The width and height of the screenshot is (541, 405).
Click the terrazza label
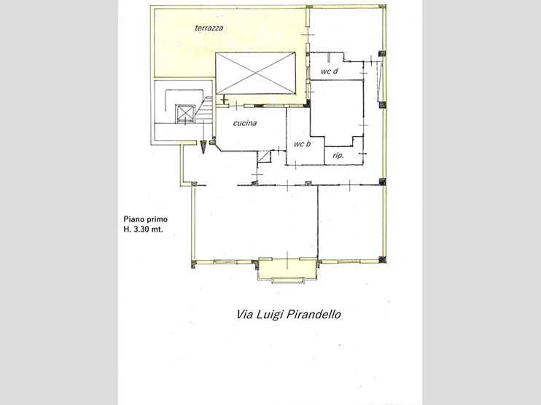[209, 28]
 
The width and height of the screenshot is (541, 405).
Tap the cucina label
[245, 123]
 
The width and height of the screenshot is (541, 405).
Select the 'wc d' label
[329, 71]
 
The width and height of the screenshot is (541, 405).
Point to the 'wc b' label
[302, 143]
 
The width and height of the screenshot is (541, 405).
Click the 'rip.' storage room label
[338, 155]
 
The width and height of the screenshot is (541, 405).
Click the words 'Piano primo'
[146, 219]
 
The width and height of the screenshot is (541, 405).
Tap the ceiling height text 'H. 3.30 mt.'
[143, 229]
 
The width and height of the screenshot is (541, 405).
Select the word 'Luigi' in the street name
[270, 315]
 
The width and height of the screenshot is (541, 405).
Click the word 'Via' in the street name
[244, 315]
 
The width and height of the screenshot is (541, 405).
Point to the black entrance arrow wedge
[204, 147]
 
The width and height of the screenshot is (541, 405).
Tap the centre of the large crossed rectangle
[255, 73]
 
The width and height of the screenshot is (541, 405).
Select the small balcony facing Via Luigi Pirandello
[287, 270]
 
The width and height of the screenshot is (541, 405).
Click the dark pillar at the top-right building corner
[382, 7]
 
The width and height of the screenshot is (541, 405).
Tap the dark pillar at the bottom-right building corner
[382, 259]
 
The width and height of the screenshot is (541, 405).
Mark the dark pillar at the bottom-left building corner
[194, 264]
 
